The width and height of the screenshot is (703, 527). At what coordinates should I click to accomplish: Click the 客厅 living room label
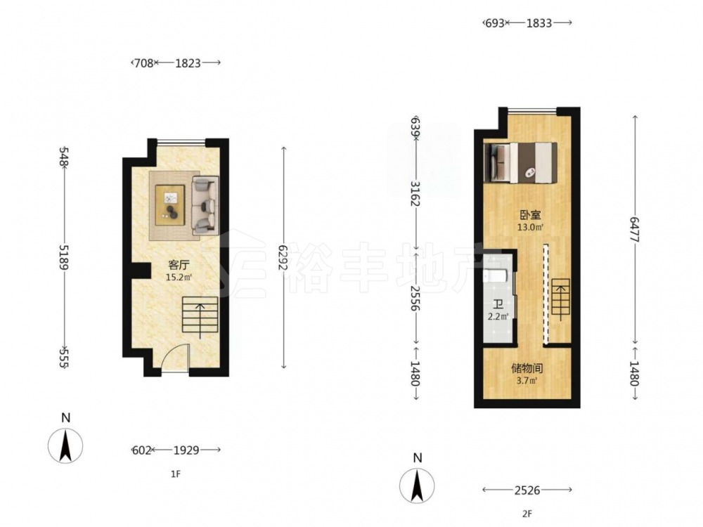pyautogui.click(x=179, y=265)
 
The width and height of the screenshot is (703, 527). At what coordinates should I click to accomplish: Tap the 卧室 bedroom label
pyautogui.click(x=530, y=215)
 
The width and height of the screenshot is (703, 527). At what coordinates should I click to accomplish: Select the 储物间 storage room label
pyautogui.click(x=527, y=369)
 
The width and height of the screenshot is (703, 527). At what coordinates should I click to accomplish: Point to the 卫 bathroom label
pyautogui.click(x=498, y=306)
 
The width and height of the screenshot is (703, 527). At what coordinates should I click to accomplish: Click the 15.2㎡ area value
pyautogui.click(x=179, y=277)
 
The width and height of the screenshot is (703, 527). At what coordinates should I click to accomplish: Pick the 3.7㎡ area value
pyautogui.click(x=527, y=381)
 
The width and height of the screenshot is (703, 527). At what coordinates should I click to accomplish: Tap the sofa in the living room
pyautogui.click(x=205, y=206)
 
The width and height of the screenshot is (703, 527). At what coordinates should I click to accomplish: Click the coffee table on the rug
pyautogui.click(x=170, y=204)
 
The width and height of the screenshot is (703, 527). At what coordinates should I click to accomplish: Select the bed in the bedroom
pyautogui.click(x=520, y=163)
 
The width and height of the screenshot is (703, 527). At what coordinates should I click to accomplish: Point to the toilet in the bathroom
pyautogui.click(x=495, y=275)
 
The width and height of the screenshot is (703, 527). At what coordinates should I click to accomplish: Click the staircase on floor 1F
pyautogui.click(x=200, y=315)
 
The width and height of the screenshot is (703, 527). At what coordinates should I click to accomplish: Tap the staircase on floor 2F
pyautogui.click(x=560, y=297)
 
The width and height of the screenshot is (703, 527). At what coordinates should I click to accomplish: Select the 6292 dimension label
pyautogui.click(x=283, y=258)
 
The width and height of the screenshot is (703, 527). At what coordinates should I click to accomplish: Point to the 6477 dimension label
pyautogui.click(x=634, y=230)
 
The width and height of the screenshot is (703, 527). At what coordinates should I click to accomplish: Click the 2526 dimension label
pyautogui.click(x=527, y=490)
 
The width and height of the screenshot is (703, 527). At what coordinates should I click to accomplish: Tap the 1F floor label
pyautogui.click(x=175, y=474)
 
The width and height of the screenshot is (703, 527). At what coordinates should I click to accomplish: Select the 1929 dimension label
pyautogui.click(x=186, y=450)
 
